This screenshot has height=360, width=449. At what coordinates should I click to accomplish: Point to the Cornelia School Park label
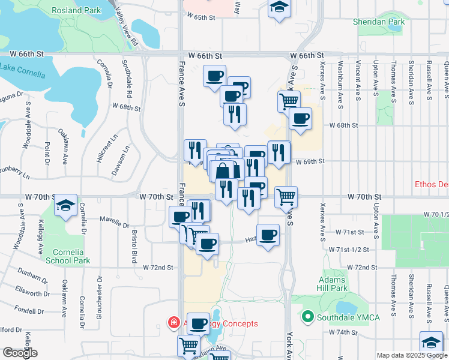(71, 256)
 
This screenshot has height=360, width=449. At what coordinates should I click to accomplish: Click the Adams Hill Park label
(333, 284)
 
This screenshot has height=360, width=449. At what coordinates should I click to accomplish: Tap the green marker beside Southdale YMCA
(309, 316)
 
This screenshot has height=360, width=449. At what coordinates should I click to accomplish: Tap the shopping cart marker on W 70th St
(286, 196)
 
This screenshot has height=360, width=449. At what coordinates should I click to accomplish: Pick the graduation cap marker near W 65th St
(277, 8)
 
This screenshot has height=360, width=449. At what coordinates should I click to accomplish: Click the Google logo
(20, 353)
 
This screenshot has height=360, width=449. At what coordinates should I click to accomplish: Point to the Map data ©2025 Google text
(411, 355)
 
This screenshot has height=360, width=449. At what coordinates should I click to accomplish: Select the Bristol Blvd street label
(134, 246)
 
